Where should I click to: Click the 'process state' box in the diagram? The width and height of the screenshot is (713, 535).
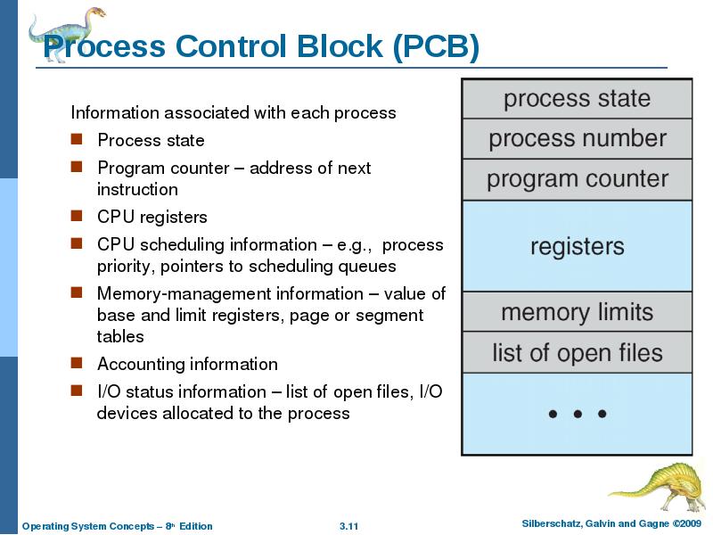pyautogui.click(x=577, y=99)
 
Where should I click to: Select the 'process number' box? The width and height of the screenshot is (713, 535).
pyautogui.click(x=577, y=139)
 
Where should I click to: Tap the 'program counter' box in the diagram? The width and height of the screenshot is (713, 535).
pyautogui.click(x=577, y=179)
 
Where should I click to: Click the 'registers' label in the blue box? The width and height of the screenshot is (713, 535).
pyautogui.click(x=577, y=246)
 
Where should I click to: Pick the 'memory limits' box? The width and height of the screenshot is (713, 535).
pyautogui.click(x=577, y=312)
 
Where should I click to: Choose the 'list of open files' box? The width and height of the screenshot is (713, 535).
pyautogui.click(x=577, y=353)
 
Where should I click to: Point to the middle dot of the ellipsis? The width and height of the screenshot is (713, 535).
pyautogui.click(x=578, y=414)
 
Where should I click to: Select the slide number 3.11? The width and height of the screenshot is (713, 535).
pyautogui.click(x=348, y=526)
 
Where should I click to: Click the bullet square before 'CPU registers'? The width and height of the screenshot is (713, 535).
pyautogui.click(x=78, y=216)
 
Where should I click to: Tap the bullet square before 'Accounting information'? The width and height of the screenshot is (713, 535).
pyautogui.click(x=78, y=363)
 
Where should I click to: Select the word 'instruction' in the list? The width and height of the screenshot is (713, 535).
pyautogui.click(x=137, y=189)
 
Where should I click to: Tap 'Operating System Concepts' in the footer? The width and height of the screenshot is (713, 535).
pyautogui.click(x=85, y=526)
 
